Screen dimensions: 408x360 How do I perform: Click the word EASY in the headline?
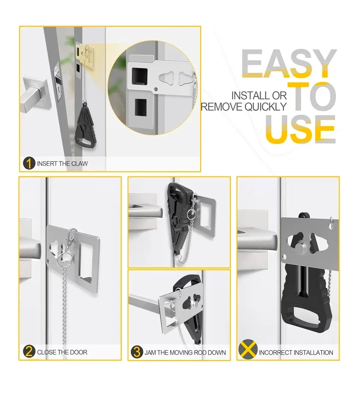click(x=289, y=64)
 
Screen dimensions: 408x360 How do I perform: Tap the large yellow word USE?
click(x=300, y=129)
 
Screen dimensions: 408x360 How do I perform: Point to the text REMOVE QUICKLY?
click(x=244, y=107)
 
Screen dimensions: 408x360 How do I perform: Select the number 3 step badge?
click(x=137, y=352)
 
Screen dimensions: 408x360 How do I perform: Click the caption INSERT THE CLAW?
click(x=62, y=164)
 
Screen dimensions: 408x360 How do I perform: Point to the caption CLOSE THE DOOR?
click(x=62, y=352)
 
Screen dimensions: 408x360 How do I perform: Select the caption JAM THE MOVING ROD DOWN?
click(x=185, y=353)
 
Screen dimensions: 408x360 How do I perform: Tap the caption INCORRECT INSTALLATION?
click(x=296, y=353)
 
